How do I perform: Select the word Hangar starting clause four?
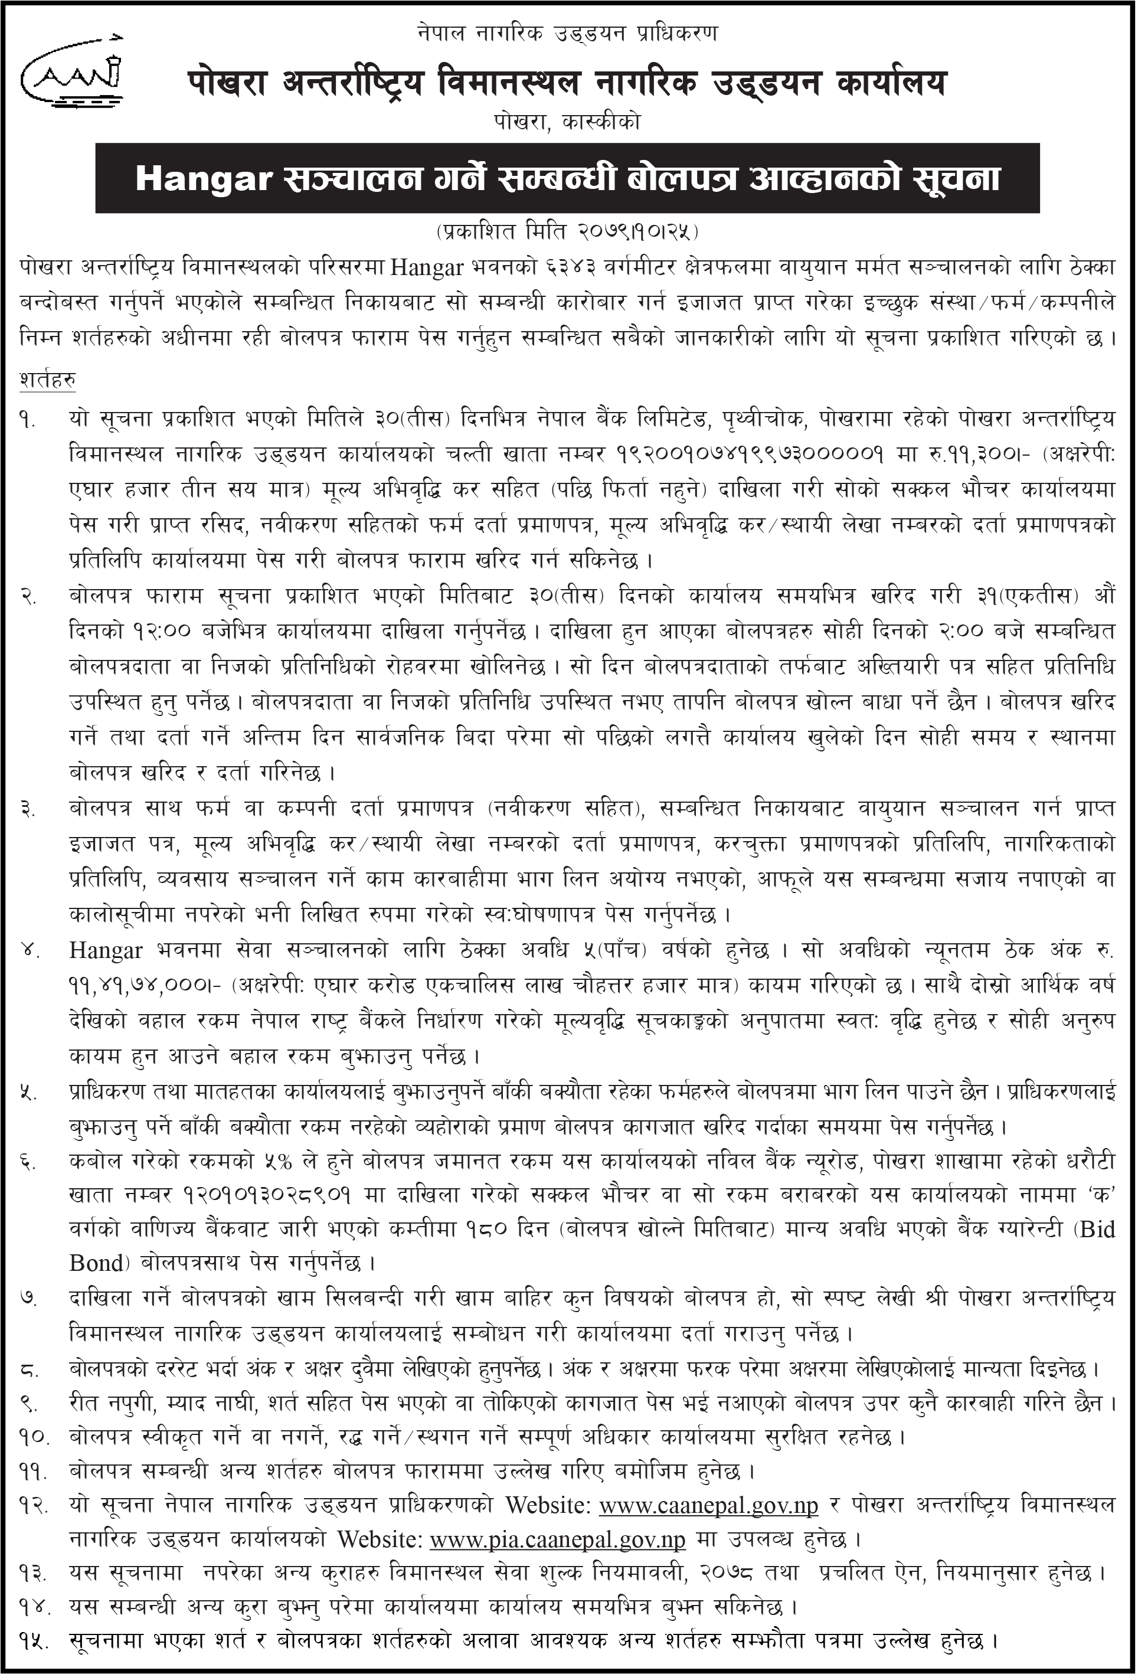pos(105,952)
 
